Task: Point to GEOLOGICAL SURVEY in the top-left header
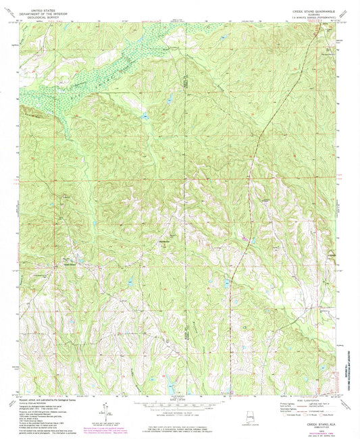[42, 12]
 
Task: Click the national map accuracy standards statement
[180, 425]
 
